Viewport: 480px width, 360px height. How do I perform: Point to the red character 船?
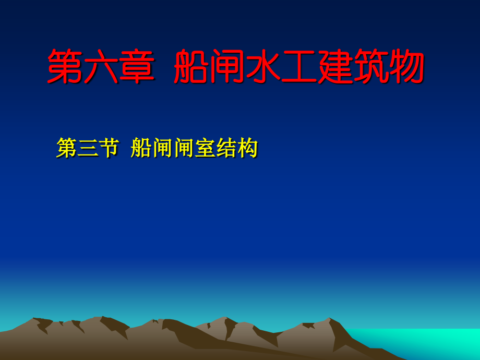pos(190,67)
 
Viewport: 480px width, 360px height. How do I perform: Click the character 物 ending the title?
pos(407,67)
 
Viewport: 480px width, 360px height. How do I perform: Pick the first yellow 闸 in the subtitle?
pos(160,149)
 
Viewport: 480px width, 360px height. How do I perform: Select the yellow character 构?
pos(248,149)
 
